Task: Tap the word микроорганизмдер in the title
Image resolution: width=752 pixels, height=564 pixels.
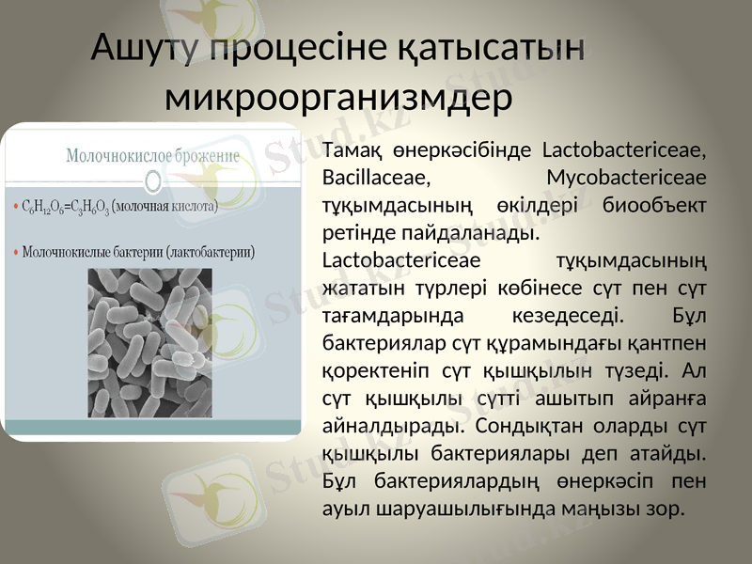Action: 338,95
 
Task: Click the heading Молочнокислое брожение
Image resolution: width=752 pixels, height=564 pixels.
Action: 152,155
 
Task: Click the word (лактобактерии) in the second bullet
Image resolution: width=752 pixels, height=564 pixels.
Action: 206,252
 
